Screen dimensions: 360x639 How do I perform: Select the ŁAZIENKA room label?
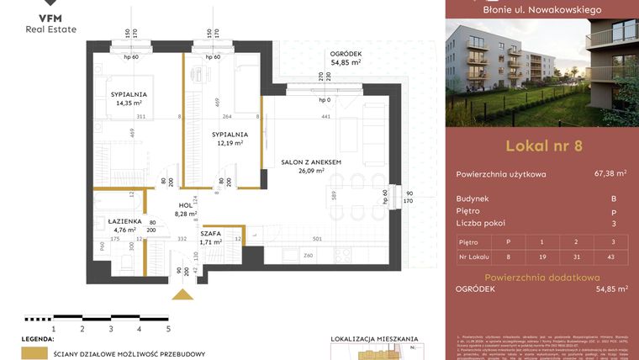112,220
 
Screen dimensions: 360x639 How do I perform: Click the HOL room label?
185,205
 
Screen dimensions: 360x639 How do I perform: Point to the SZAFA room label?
211,234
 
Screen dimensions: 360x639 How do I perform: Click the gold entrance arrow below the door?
181,294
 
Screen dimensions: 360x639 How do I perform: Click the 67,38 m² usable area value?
610,174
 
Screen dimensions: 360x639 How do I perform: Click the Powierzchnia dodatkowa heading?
541,277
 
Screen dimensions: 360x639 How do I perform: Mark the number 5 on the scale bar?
168,329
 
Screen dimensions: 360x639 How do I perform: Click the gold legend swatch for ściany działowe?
34,354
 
